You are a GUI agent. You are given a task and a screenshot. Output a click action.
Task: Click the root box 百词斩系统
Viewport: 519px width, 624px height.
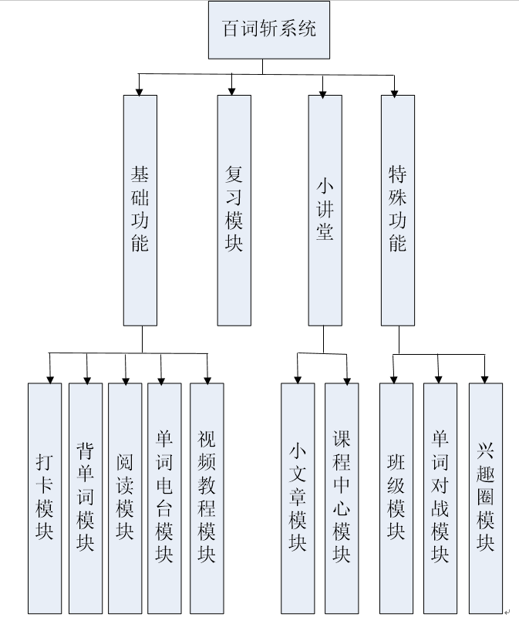(269, 29)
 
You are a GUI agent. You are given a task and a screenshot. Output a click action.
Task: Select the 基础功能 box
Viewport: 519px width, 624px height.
(140, 209)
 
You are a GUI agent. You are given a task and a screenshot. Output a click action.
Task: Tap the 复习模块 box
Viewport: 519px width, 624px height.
(234, 209)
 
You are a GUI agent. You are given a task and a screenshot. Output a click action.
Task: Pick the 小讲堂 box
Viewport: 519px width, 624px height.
(325, 209)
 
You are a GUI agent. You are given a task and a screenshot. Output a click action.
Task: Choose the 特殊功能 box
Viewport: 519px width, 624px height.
(397, 209)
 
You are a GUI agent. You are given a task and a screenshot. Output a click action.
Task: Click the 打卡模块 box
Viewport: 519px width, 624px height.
(45, 498)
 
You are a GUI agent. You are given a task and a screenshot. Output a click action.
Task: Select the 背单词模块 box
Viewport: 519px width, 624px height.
(86, 498)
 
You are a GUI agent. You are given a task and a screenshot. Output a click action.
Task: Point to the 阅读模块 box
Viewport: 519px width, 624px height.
(125, 498)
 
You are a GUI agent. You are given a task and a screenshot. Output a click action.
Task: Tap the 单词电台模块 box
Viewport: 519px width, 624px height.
(164, 498)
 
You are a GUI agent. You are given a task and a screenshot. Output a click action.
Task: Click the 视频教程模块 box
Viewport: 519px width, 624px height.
(207, 498)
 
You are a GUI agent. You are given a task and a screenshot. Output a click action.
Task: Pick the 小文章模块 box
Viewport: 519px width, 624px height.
(298, 498)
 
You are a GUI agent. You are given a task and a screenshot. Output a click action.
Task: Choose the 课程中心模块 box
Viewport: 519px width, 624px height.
(342, 498)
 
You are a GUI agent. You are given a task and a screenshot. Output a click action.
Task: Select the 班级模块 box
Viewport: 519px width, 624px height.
(396, 498)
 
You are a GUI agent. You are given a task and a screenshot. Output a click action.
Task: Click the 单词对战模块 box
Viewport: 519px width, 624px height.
(440, 498)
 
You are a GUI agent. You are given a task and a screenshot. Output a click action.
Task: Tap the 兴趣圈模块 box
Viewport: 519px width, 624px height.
(485, 498)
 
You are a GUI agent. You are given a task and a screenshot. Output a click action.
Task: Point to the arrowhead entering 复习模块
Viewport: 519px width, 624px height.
(231, 90)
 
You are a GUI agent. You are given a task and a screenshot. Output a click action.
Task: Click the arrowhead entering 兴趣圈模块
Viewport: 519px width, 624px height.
(485, 378)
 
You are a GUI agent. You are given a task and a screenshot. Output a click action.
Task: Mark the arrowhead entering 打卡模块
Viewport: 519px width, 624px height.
(50, 378)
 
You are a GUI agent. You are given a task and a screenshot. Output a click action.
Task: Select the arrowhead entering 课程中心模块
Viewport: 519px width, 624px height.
(347, 378)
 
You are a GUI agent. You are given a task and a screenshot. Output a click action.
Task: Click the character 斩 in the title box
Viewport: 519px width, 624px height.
(269, 29)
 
